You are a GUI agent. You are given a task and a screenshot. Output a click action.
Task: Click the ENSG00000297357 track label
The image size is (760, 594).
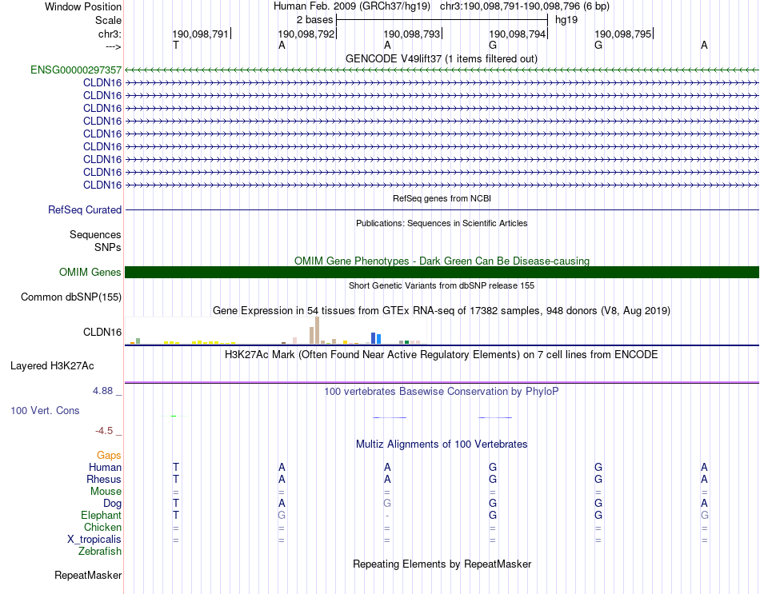76,70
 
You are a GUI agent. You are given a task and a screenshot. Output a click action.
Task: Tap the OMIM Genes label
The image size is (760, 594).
90,273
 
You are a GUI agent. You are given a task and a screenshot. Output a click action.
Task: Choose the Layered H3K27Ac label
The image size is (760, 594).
52,366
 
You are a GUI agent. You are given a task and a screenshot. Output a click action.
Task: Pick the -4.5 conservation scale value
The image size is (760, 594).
108,431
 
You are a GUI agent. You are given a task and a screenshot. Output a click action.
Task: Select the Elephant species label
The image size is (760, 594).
101,516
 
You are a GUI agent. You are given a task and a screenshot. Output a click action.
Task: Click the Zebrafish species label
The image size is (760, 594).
100,552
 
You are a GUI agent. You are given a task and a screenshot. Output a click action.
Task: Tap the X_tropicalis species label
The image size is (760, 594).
94,540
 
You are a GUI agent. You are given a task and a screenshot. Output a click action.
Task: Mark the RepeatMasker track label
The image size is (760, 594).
88,576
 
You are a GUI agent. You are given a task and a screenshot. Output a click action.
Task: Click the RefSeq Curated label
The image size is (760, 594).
85,210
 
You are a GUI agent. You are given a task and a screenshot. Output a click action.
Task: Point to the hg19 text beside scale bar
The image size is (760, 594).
566,19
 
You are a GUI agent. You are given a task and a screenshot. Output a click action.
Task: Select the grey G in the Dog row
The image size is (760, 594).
387,504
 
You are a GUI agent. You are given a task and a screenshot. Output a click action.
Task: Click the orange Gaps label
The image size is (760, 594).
109,455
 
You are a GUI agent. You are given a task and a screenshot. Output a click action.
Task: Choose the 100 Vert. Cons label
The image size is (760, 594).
45,410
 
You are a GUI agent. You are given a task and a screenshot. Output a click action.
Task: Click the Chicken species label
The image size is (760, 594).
102,528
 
